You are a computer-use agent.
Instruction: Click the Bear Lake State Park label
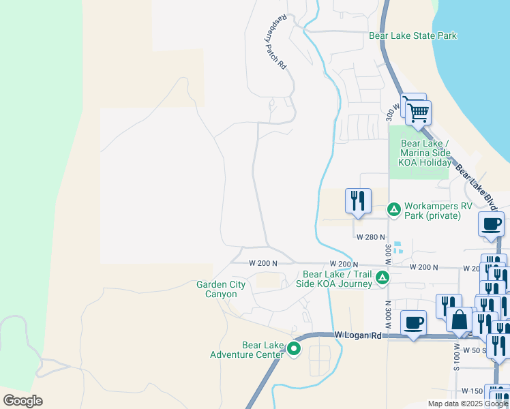click(412, 35)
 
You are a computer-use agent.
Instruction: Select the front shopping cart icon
click(419, 112)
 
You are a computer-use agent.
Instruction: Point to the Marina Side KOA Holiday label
click(425, 153)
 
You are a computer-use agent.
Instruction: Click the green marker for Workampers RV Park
click(393, 209)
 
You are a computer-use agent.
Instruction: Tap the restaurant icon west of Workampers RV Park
click(358, 200)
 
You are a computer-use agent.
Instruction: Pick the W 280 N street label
click(371, 237)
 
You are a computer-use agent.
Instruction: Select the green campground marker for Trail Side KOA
click(383, 277)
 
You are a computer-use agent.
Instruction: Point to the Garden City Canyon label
click(216, 289)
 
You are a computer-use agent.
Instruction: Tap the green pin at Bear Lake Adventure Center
click(294, 349)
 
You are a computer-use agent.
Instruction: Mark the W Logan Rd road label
click(359, 335)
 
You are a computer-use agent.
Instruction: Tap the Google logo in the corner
click(23, 400)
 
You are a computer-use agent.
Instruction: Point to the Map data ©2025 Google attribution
click(468, 404)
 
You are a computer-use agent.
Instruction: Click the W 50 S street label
click(473, 350)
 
